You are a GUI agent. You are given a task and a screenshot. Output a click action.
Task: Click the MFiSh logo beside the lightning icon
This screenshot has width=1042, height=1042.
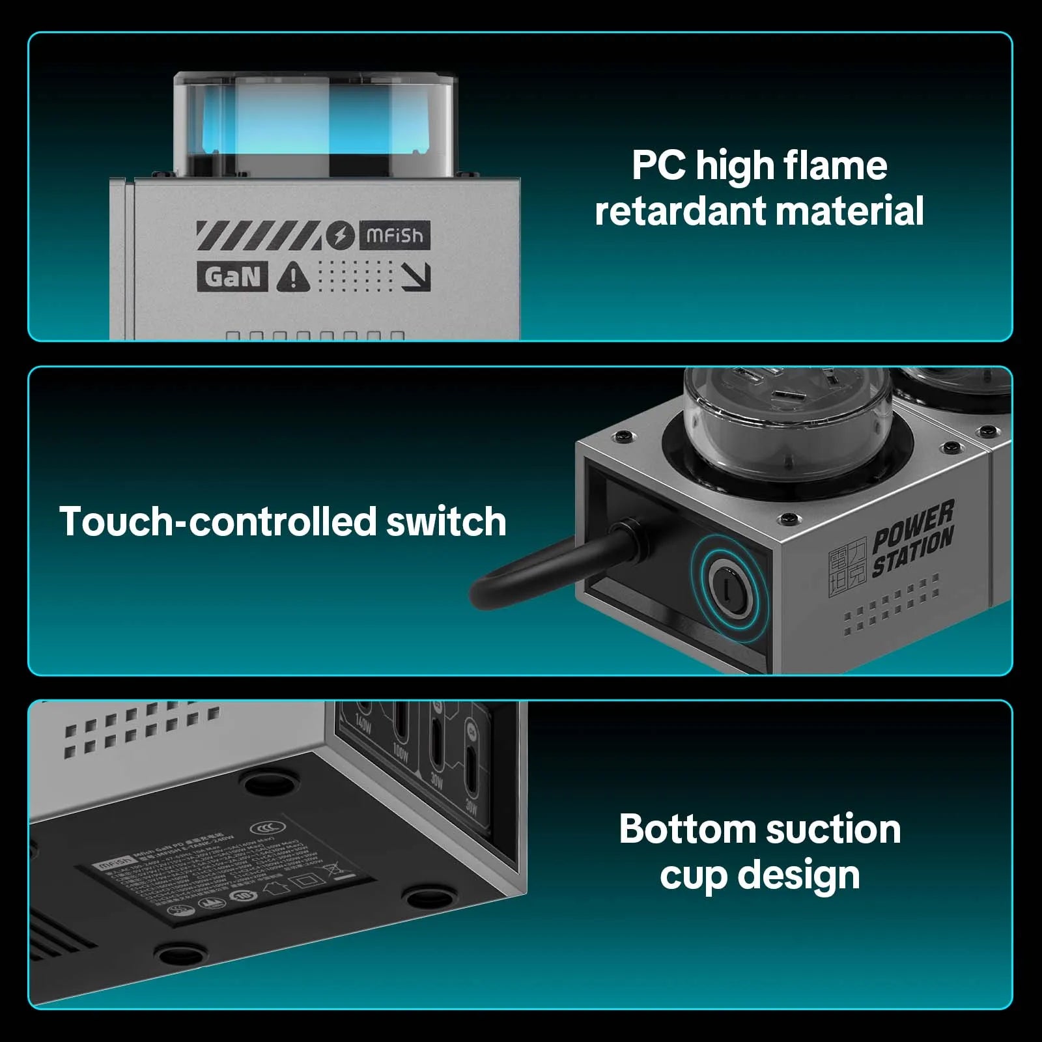(x=395, y=236)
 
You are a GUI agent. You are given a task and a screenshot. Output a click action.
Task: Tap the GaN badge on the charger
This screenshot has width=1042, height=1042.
(x=232, y=277)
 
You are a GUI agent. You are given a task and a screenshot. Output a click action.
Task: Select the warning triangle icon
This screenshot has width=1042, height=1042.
(x=293, y=277)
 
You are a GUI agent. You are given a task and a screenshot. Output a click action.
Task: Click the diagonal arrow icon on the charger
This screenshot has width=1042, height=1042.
(x=415, y=277)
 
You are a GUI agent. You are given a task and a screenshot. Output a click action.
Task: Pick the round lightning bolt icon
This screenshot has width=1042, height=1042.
(x=340, y=236)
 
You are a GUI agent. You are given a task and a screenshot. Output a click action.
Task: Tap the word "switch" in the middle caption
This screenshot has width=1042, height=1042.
(x=446, y=522)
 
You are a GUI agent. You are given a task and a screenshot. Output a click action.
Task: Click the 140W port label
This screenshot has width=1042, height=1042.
(x=363, y=725)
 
